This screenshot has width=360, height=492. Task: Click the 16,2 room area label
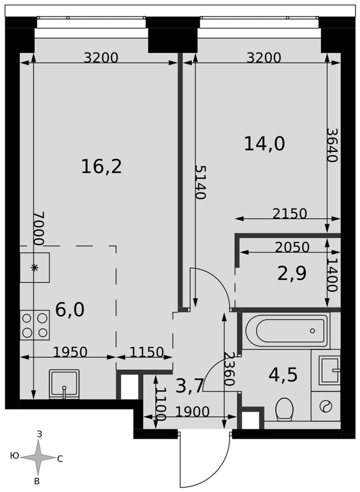[101, 166]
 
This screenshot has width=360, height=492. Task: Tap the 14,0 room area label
[265, 144]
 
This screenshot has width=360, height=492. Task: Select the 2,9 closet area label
[292, 273]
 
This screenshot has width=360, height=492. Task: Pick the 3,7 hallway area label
[190, 386]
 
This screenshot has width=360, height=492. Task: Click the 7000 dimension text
[39, 228]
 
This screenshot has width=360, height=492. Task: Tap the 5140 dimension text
[200, 183]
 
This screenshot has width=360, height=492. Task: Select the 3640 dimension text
[332, 145]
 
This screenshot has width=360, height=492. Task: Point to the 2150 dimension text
[290, 214]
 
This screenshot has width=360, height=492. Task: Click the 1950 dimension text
[70, 352]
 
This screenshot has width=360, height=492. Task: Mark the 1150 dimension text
[147, 352]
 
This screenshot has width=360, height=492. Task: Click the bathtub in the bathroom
[286, 331]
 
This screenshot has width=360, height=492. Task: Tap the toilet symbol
[284, 409]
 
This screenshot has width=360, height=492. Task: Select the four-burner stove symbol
[35, 325]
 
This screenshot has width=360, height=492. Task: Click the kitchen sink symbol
[64, 384]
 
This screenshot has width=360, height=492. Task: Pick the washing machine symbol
[326, 406]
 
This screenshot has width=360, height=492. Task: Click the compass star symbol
[38, 458]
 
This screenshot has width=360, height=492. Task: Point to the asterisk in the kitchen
[34, 268]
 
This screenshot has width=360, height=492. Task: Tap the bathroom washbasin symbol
[330, 370]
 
